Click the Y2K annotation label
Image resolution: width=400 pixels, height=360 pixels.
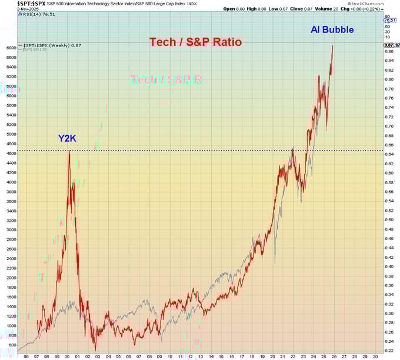coord(67,139)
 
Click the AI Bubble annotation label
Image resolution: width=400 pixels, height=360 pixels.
coord(332,29)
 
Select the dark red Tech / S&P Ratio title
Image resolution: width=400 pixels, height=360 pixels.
coord(195,42)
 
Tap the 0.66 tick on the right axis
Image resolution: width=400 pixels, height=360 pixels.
coord(389,145)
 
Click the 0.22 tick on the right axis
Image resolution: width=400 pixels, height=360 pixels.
coord(389,351)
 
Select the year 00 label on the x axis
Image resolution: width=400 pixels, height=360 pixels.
coord(68,356)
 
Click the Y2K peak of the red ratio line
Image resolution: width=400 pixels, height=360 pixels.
coord(69,151)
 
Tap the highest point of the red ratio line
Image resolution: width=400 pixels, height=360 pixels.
coord(333,46)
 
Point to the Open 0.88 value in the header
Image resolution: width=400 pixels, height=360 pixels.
coord(233,9)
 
